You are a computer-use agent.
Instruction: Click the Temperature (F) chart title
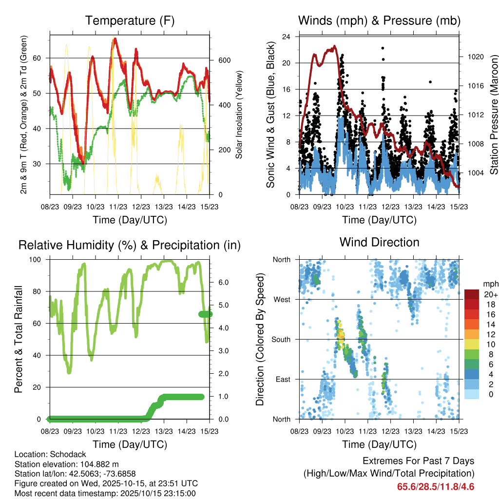[x=129, y=20]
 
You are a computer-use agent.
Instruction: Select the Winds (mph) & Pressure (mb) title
[x=379, y=20]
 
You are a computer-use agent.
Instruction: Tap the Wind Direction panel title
[x=379, y=242]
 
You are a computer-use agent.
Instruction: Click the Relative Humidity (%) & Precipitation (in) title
[x=129, y=245]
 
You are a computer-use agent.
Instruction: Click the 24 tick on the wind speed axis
[x=287, y=37]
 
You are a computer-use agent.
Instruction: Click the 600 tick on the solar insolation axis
[x=224, y=60]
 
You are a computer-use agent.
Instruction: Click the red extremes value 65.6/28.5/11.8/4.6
[x=435, y=486]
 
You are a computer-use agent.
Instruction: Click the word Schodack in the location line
[x=59, y=453]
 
